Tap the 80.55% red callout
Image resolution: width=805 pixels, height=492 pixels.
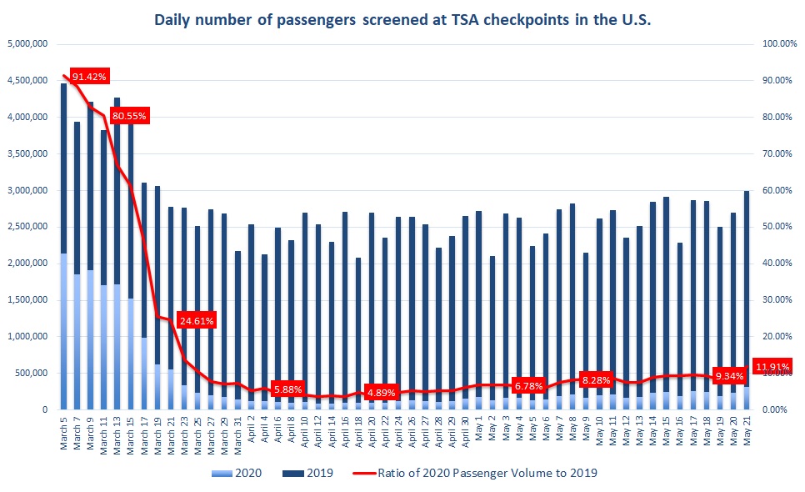point(129,116)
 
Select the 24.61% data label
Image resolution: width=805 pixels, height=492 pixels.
point(197,319)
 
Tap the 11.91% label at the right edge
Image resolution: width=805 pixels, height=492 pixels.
point(772,366)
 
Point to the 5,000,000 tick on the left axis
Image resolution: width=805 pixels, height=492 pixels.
point(28,43)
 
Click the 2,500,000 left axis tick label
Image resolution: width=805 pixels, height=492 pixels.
point(28,227)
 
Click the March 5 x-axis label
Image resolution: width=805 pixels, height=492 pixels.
point(64,434)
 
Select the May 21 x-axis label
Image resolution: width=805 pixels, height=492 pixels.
point(747,434)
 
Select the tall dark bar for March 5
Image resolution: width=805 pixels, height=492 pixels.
point(64,167)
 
